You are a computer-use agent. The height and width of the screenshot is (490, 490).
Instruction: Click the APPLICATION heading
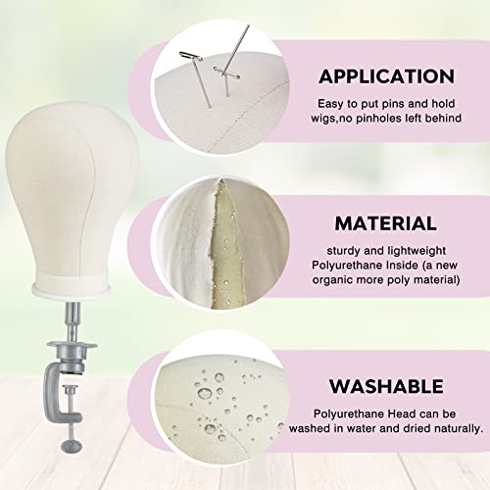[386, 76]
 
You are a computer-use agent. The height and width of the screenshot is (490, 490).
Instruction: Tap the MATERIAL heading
[386, 223]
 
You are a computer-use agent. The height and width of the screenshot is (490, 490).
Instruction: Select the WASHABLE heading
[386, 386]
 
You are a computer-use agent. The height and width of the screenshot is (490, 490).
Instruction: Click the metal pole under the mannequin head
[73, 321]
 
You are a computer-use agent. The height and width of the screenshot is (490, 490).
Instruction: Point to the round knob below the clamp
[72, 446]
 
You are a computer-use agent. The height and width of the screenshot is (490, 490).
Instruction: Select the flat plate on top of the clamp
[72, 345]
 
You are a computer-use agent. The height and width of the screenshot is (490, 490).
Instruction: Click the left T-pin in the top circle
[197, 78]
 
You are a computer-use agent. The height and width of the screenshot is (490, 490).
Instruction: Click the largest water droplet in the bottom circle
[205, 393]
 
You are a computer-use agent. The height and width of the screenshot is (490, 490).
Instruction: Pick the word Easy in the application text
[330, 104]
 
